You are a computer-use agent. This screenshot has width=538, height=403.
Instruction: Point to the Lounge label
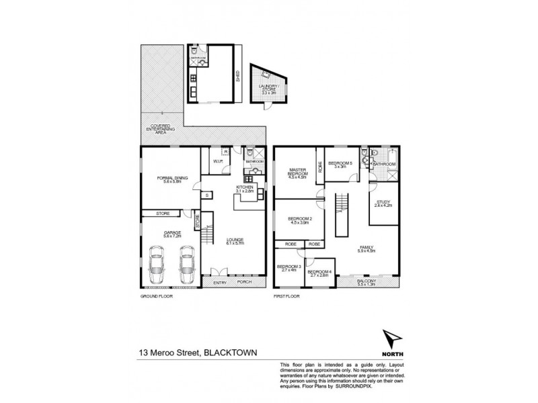click(234, 242)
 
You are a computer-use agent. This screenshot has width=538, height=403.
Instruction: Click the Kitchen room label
click(243, 189)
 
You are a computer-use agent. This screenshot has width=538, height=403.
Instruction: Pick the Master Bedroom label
click(297, 173)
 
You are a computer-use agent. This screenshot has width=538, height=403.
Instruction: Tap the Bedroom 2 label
click(297, 220)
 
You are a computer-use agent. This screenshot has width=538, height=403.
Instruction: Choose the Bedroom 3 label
click(286, 269)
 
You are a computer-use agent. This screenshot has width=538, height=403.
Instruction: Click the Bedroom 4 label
click(318, 273)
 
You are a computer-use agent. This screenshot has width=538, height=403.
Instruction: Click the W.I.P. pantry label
click(218, 161)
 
